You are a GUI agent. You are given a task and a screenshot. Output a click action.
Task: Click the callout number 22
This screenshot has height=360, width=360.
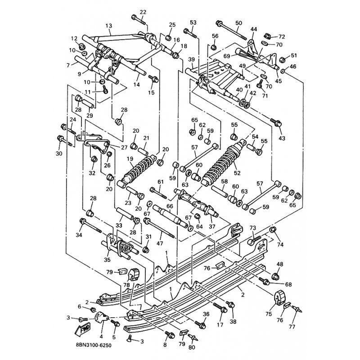coord(143,12)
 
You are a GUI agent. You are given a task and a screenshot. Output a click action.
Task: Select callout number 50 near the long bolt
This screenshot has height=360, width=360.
coord(238,23)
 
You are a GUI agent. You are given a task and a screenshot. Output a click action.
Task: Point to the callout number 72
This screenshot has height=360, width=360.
coord(282,36)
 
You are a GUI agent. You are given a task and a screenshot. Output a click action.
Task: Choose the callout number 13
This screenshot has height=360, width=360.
coord(108,26)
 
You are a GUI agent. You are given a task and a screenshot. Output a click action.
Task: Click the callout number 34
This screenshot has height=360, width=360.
coord(79,234)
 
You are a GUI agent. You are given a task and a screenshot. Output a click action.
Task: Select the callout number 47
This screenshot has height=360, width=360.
coord(160,243)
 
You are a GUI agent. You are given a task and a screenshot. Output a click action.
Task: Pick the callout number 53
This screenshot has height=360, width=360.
coord(193,22)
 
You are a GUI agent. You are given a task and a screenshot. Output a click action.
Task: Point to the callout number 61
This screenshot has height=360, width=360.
coord(160,181)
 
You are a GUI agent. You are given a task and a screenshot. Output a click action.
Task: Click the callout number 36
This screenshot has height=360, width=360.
coord(206,314)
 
